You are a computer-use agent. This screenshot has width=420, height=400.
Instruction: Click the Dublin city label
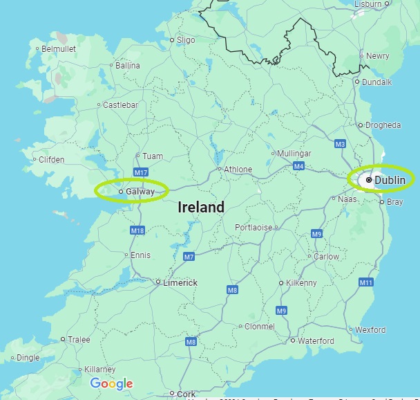(x=390, y=180)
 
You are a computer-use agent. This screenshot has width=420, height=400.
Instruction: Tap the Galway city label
(x=141, y=191)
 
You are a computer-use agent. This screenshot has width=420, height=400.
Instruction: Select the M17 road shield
(x=142, y=172)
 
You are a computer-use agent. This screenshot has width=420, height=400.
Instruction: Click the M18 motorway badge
(x=137, y=230)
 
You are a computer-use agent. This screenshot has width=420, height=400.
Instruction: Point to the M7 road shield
(x=189, y=257)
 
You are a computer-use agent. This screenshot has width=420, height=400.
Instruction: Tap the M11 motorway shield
(x=365, y=282)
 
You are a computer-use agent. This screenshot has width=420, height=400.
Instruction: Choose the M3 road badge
(x=339, y=144)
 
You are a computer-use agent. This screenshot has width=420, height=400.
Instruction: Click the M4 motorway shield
(x=298, y=166)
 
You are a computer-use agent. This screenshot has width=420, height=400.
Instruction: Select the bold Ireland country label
(x=201, y=207)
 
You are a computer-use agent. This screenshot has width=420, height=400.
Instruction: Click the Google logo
(x=111, y=383)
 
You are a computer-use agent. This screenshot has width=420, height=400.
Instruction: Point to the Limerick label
(x=180, y=282)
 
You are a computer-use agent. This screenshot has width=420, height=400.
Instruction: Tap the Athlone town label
(x=238, y=170)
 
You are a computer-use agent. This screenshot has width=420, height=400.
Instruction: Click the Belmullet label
(x=58, y=49)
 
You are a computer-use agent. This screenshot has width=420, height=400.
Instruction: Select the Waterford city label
(x=316, y=340)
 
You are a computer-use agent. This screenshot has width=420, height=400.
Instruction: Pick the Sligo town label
(x=186, y=40)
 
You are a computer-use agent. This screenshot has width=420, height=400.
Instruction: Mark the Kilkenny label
(x=301, y=283)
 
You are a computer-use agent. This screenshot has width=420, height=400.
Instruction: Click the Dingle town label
(x=28, y=358)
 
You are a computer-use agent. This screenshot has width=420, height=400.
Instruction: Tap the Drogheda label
(x=383, y=125)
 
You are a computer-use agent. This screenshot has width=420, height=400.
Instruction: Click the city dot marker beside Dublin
(x=369, y=180)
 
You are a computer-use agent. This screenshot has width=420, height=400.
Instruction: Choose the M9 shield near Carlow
(x=316, y=234)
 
